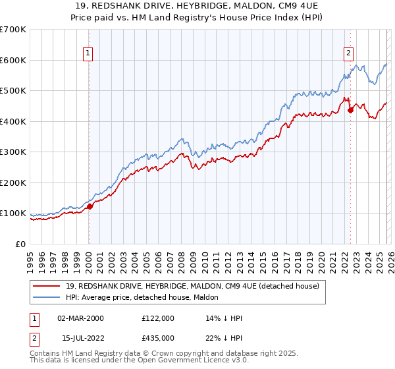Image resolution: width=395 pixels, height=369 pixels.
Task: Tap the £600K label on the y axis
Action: point(13,60)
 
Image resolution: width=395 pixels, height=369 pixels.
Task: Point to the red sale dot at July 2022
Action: point(350,110)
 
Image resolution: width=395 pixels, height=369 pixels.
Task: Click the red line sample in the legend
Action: point(47,286)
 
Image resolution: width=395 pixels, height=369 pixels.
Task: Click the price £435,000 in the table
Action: point(157,338)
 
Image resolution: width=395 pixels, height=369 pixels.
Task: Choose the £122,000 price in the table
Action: point(157,318)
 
